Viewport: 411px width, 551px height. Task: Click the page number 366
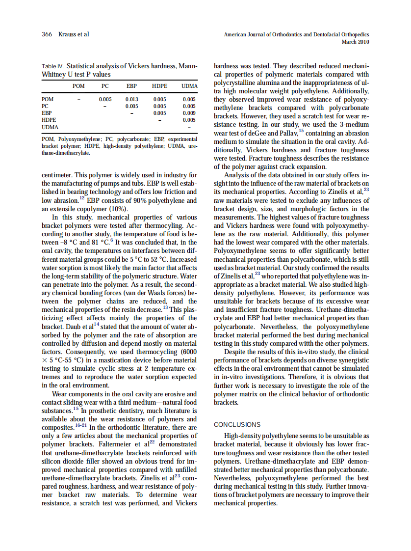coord(47,34)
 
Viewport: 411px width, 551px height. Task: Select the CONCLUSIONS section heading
coord(237,424)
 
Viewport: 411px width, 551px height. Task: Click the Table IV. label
coord(52,66)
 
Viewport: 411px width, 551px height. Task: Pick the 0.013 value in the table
coord(131,99)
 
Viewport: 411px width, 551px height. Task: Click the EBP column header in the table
coord(131,86)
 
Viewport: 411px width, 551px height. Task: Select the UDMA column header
coord(189,86)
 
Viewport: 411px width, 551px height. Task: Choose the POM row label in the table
coord(48,99)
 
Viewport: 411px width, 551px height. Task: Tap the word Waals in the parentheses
coord(140,293)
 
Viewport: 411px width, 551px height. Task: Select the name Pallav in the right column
coord(287,134)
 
